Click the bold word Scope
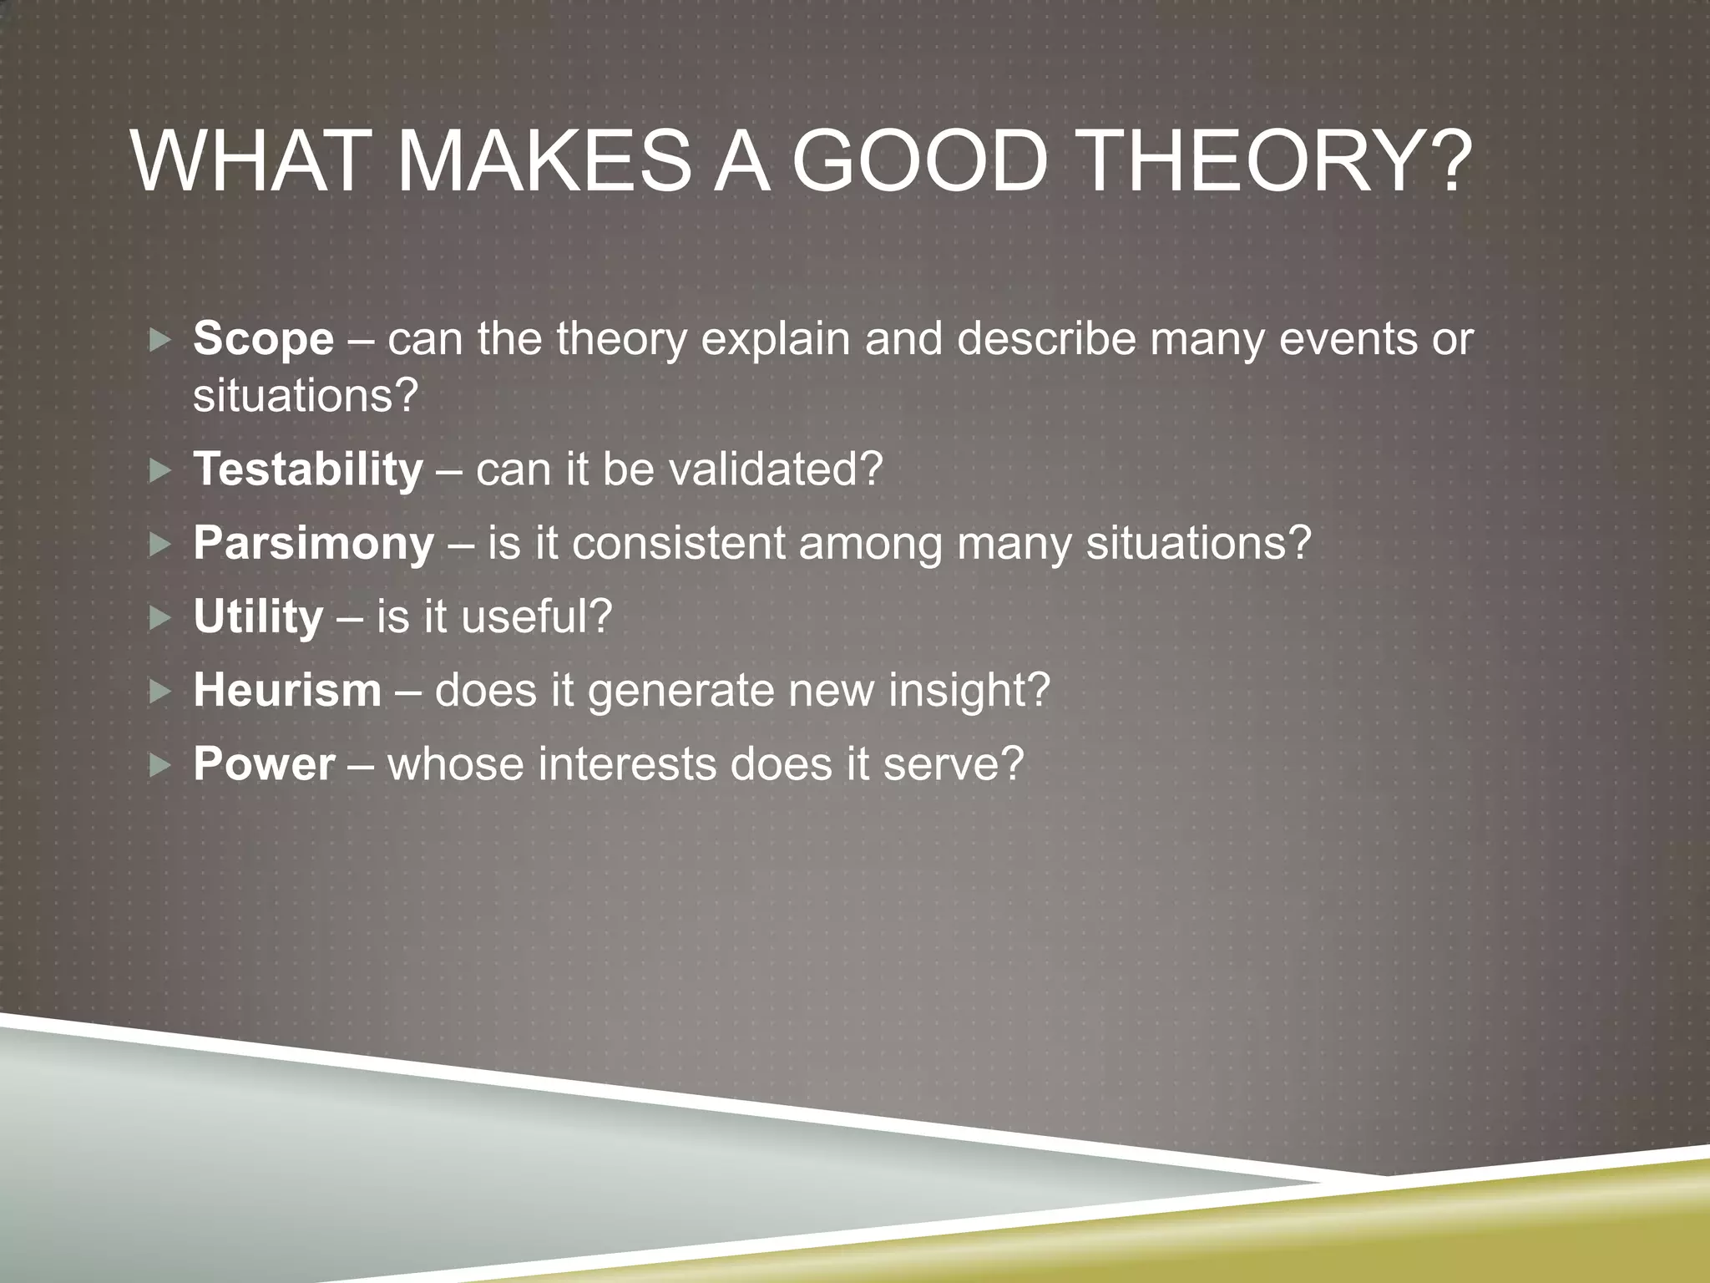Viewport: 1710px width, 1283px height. [263, 340]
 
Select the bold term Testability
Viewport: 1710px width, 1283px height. [308, 469]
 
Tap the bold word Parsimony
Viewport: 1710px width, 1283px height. [314, 544]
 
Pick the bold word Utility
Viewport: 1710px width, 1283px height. [258, 617]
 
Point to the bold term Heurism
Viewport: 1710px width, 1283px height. [287, 691]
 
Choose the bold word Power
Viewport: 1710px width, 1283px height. [264, 764]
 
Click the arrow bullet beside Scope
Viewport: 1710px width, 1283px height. [159, 340]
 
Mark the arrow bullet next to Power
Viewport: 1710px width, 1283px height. [159, 765]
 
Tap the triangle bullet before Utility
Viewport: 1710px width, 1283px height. [159, 618]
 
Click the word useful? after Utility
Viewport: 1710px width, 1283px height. [537, 617]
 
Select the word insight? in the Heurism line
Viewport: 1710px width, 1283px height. [969, 691]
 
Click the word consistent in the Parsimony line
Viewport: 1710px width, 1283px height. [677, 544]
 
